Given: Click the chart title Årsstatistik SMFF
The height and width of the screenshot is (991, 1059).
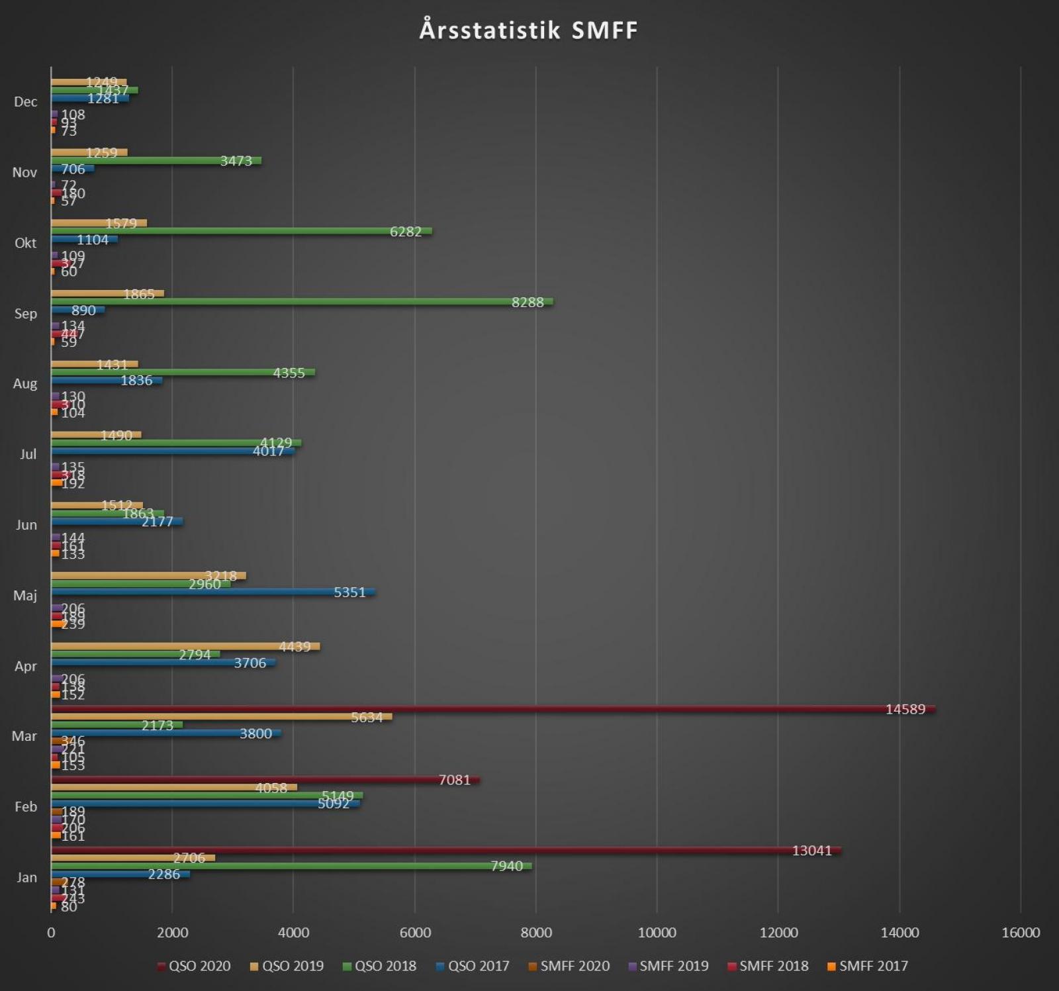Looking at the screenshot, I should [x=528, y=30].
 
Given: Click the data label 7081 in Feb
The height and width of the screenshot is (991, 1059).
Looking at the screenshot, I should [x=455, y=780].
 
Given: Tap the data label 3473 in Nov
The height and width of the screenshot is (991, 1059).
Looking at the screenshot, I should [x=236, y=161].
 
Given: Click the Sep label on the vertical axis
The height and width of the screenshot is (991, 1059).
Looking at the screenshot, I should [x=26, y=314].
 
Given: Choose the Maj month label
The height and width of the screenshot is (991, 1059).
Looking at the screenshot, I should [x=25, y=596].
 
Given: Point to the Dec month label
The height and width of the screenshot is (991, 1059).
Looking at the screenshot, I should [x=26, y=102].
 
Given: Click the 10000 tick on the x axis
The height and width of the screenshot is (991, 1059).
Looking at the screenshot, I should [x=657, y=933].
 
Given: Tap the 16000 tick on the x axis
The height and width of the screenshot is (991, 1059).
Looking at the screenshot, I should [x=1021, y=933].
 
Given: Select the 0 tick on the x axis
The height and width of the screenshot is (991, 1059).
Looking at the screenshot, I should [x=51, y=933].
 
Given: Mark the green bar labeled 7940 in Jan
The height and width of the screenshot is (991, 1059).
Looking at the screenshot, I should [x=291, y=866].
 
